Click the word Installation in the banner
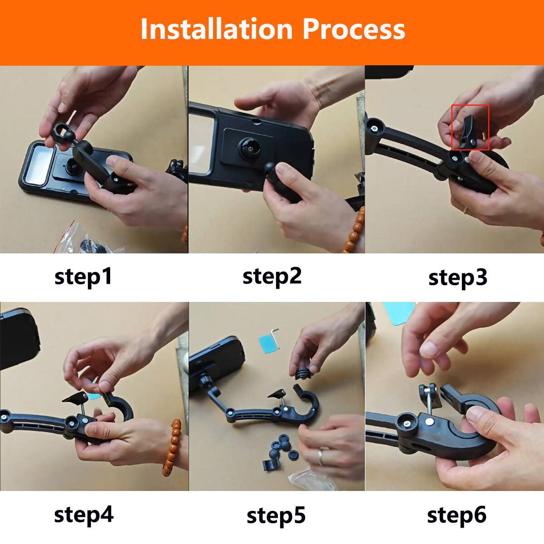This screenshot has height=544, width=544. [217, 29]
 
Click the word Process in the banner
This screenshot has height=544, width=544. [354, 29]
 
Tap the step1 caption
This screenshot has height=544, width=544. [83, 277]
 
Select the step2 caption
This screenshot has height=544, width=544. [272, 277]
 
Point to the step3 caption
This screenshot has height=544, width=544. [457, 278]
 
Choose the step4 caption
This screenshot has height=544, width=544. [83, 515]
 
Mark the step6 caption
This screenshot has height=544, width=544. [457, 515]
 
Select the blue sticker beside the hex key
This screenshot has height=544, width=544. [267, 344]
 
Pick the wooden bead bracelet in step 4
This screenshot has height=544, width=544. [172, 449]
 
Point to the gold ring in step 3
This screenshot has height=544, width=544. [465, 210]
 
